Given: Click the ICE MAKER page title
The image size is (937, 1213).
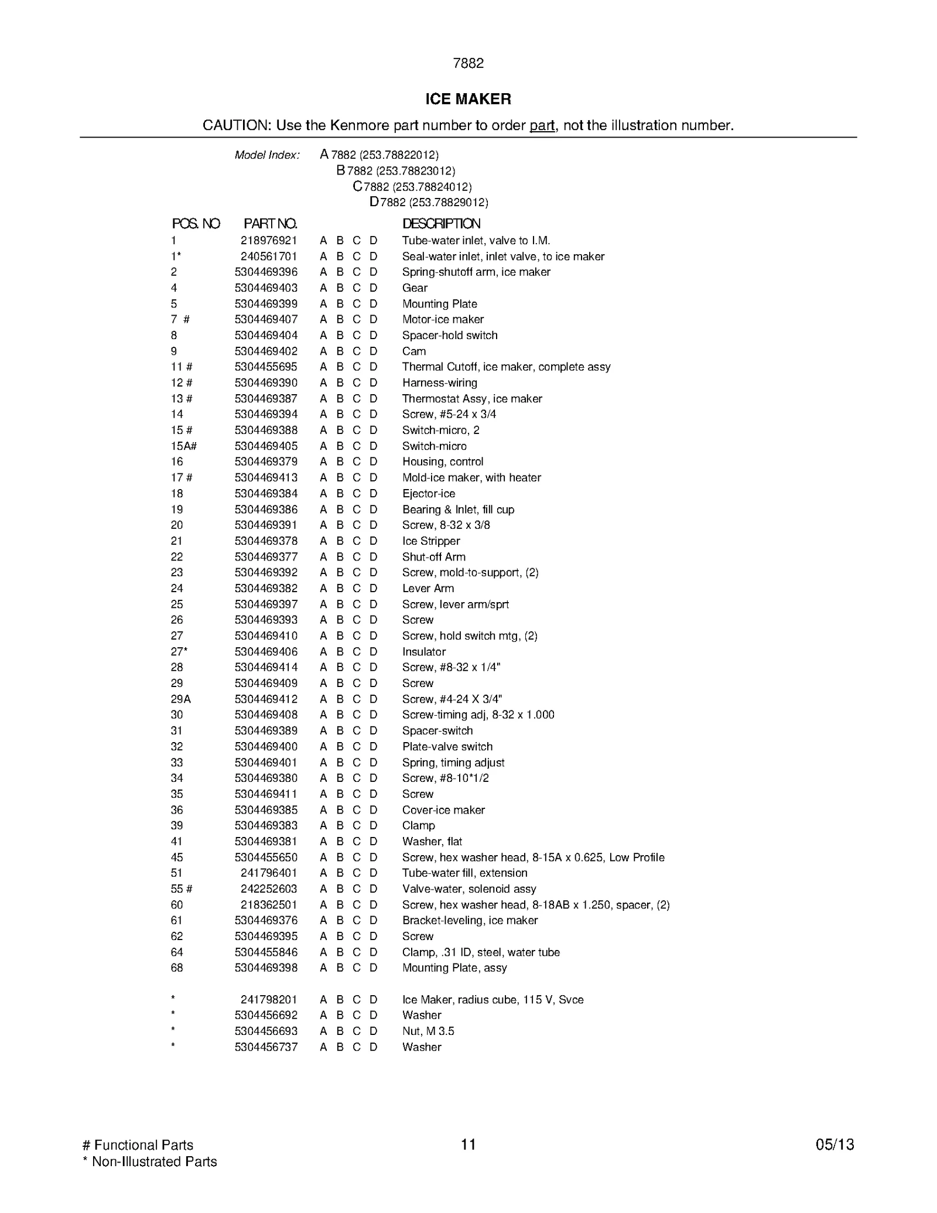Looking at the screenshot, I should pyautogui.click(x=468, y=99).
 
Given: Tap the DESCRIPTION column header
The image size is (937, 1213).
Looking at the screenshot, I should pyautogui.click(x=441, y=224).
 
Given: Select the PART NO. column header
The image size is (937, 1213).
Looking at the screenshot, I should pyautogui.click(x=270, y=224).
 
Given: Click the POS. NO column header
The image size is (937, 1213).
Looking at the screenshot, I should pyautogui.click(x=196, y=224).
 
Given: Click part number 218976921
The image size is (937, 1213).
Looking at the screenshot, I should pyautogui.click(x=269, y=241).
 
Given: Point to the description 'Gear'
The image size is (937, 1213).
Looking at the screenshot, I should pyautogui.click(x=415, y=288).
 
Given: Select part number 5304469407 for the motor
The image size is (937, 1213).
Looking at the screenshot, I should pyautogui.click(x=266, y=320).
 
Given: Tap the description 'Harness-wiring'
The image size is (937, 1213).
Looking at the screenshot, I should pyautogui.click(x=439, y=383).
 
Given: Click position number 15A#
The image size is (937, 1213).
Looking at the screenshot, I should pyautogui.click(x=183, y=446).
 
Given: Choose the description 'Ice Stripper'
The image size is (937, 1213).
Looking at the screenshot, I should pyautogui.click(x=431, y=541).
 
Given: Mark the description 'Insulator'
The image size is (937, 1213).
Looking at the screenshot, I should pyautogui.click(x=424, y=652).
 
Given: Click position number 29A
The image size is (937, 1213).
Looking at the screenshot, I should pyautogui.click(x=180, y=699).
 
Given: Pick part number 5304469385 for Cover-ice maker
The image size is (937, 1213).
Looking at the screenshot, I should pyautogui.click(x=266, y=810).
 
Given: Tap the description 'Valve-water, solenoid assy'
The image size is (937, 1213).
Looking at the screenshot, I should pyautogui.click(x=469, y=889).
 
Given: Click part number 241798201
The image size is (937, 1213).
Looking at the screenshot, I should pyautogui.click(x=269, y=1000).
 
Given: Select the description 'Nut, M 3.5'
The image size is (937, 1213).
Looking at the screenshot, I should pyautogui.click(x=428, y=1031).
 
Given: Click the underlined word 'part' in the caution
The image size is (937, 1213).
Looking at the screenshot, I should pyautogui.click(x=542, y=125).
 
